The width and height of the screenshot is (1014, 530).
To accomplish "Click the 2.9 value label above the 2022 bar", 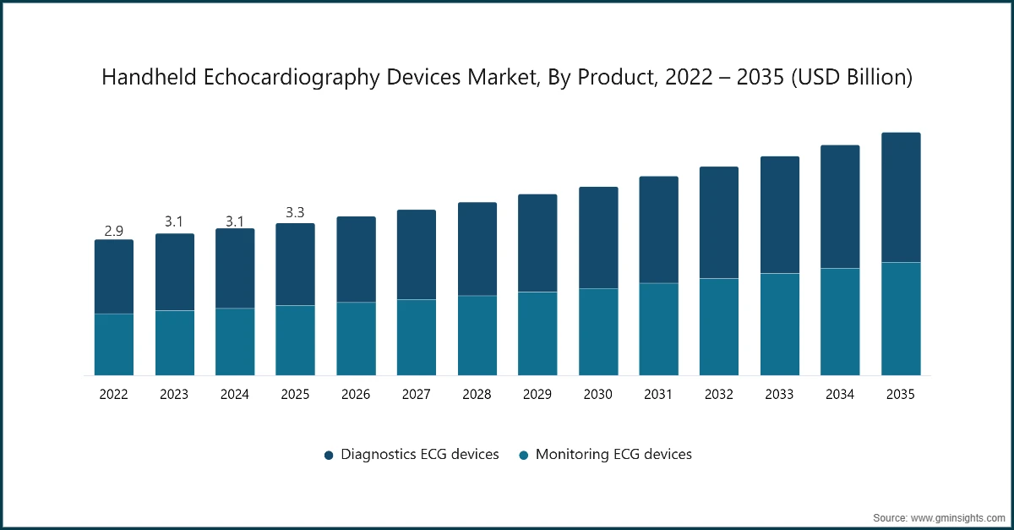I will click(114, 231).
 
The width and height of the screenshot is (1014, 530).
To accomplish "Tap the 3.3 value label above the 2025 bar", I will click(295, 213).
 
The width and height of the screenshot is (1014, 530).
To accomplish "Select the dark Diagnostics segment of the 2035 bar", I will click(901, 198).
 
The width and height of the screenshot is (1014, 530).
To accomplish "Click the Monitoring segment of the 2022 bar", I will click(114, 344).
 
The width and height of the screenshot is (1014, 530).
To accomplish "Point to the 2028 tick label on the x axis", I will click(477, 395).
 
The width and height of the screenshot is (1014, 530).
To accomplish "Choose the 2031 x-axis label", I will click(658, 395).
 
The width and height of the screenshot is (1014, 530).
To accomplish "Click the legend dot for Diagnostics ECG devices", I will click(330, 455).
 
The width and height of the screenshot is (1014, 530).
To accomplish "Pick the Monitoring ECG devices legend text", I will click(613, 455).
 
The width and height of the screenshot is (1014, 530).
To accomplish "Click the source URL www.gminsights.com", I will click(959, 516).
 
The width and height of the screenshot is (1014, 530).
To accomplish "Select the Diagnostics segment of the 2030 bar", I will click(598, 238).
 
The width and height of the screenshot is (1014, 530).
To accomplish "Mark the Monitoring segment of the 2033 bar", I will click(780, 324).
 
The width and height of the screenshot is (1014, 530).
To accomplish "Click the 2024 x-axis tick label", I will click(235, 395).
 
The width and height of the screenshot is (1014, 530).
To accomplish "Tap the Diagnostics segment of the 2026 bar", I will click(356, 260).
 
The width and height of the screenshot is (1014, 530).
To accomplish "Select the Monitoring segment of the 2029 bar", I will click(537, 333).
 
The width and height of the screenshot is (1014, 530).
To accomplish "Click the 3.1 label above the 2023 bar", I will click(174, 221).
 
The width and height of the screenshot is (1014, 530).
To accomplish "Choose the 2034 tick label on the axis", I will click(840, 395).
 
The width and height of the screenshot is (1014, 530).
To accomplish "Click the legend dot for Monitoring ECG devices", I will click(524, 455).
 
